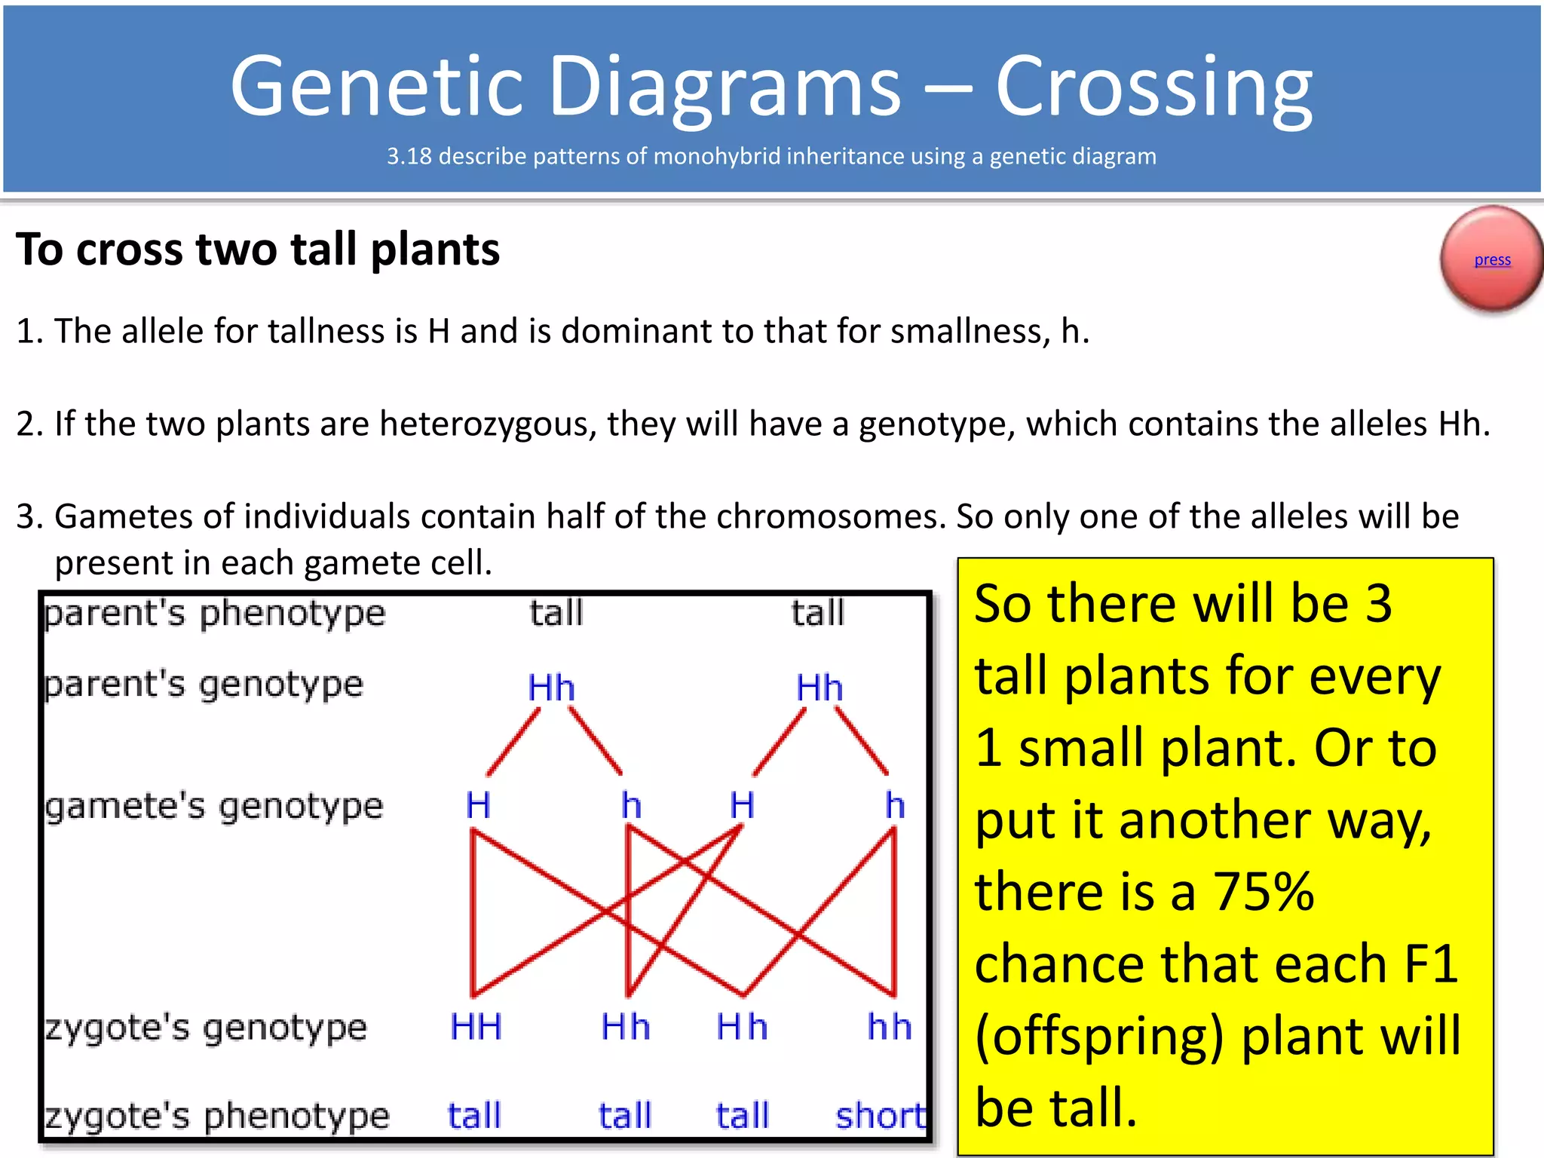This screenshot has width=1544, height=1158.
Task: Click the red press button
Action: [x=1490, y=259]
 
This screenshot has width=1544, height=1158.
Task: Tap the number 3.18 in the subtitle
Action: [x=409, y=156]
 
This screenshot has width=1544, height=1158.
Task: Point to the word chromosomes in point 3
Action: [x=831, y=516]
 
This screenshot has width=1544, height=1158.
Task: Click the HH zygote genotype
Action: [x=476, y=1027]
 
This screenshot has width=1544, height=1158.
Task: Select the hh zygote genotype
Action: [x=890, y=1027]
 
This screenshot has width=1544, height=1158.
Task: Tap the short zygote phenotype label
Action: [x=881, y=1116]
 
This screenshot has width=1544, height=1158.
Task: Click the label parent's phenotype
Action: [x=215, y=613]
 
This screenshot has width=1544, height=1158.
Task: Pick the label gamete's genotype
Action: [x=214, y=807]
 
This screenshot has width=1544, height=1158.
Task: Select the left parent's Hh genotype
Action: [x=551, y=688]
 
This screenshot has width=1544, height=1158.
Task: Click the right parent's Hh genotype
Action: [x=819, y=688]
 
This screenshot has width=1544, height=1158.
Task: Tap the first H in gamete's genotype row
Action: [x=478, y=805]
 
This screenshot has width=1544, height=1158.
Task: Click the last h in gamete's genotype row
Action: [x=895, y=805]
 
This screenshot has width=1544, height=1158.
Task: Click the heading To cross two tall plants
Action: [x=258, y=250]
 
